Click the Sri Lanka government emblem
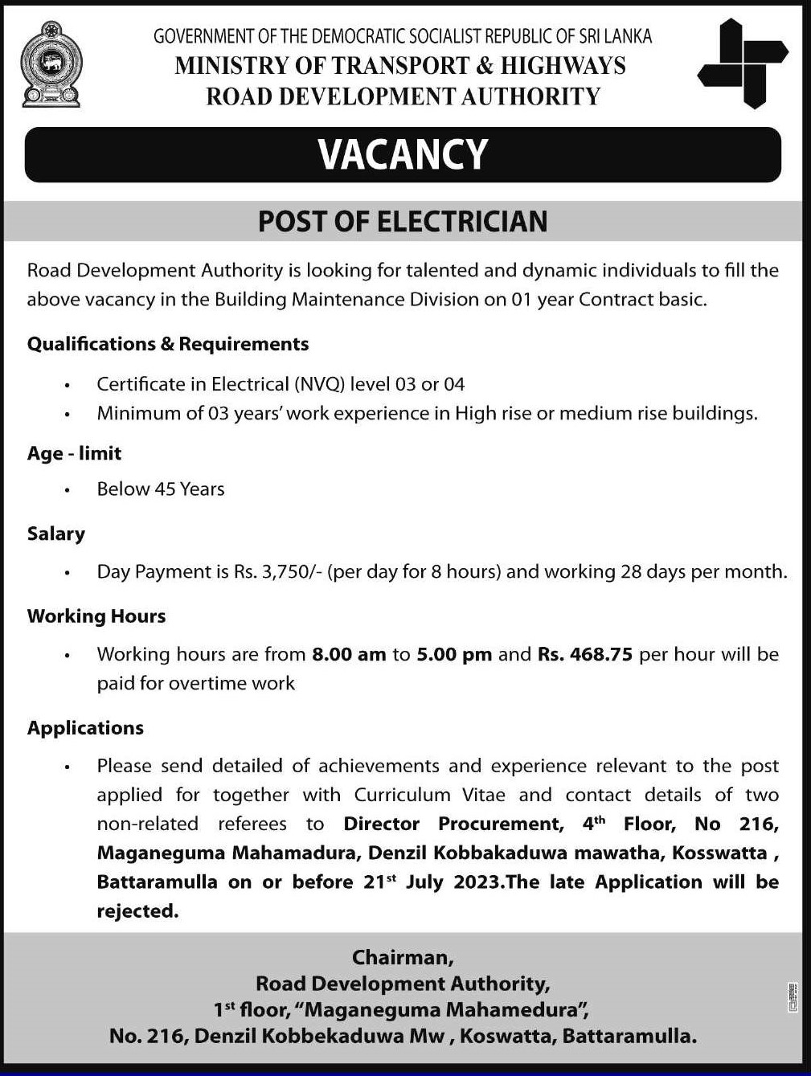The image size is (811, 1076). tap(51, 65)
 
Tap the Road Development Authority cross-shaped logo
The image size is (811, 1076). tap(742, 64)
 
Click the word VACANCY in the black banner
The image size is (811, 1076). tap(403, 154)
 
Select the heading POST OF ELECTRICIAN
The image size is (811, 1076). tap(403, 221)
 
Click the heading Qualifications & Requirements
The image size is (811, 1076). tap(168, 344)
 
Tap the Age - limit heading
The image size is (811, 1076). tap(74, 453)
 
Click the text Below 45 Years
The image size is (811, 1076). tap(161, 489)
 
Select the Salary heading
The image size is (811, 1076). tap(55, 534)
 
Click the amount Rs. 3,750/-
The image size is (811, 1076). tap(277, 571)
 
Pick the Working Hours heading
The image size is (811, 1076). tap(96, 616)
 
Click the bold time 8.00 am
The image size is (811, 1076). tap(349, 654)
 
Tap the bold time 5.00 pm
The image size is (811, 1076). tap(454, 654)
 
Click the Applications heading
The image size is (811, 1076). tap(85, 728)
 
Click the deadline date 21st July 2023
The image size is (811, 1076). tap(433, 882)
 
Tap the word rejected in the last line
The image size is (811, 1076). tap(137, 911)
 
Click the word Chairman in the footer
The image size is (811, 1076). tap(402, 957)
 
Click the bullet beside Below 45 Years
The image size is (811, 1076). tap(68, 489)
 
